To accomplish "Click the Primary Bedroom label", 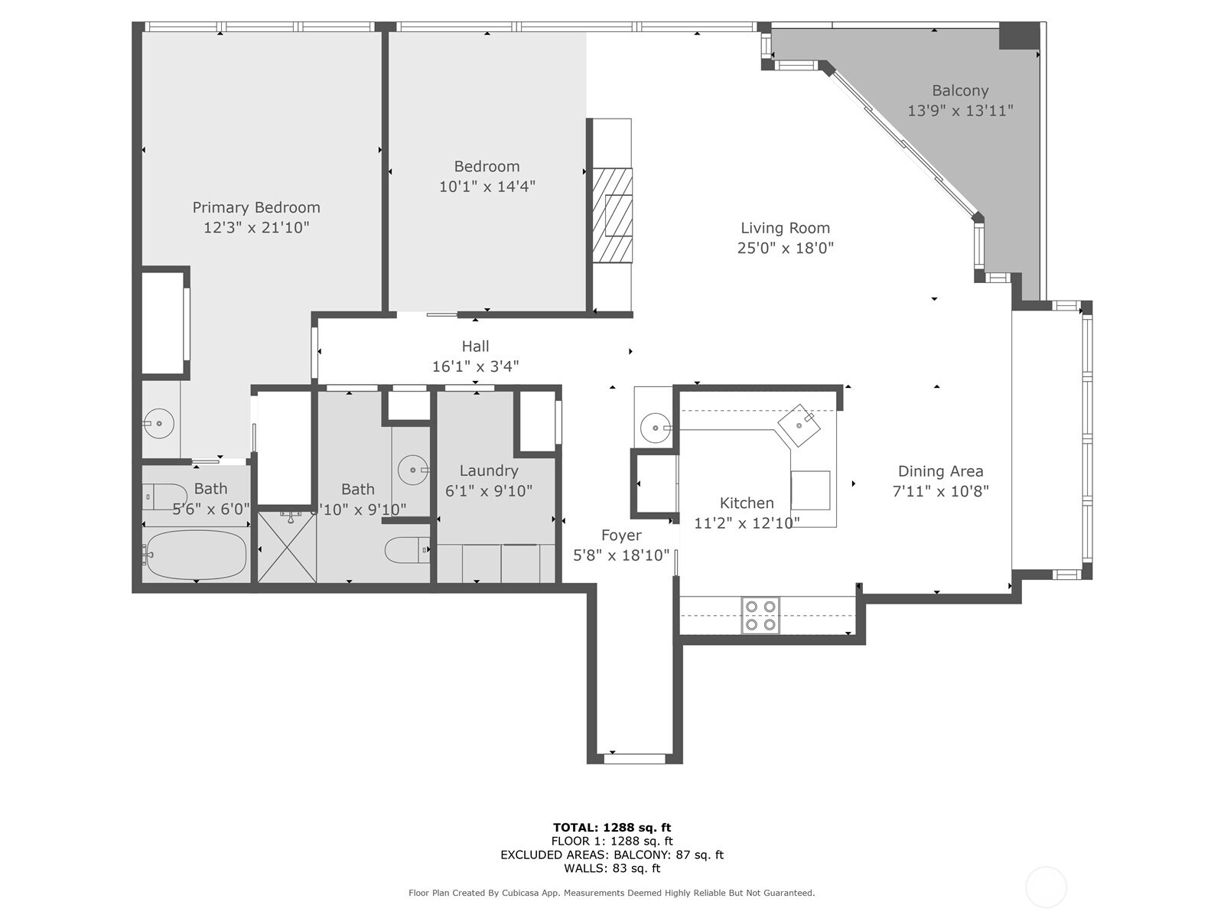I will (256, 207).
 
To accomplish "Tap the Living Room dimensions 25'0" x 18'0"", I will (785, 248).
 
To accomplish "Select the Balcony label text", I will (960, 90).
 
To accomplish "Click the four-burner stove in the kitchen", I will (760, 615).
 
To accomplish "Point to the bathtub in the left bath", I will (197, 555).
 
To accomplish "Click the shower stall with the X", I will (287, 548).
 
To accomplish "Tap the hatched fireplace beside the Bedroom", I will (613, 215).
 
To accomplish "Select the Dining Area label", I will (940, 471).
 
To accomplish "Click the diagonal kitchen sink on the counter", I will (799, 425).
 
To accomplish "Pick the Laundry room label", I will (489, 470).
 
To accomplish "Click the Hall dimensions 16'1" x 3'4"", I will (475, 366).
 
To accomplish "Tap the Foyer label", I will (621, 535).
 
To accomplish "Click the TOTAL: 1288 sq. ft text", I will (612, 827).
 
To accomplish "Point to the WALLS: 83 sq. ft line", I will (612, 868).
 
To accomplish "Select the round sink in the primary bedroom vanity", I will (159, 423).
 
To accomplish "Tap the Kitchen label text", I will (747, 503).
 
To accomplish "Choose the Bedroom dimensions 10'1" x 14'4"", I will (487, 186).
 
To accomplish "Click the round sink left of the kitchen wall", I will (656, 425).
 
